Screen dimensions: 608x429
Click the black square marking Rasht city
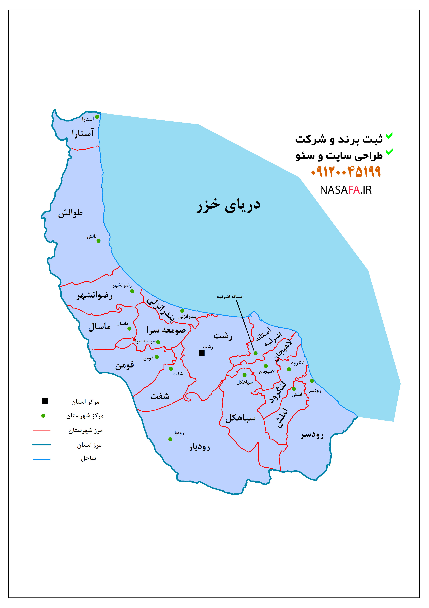[x=202, y=353]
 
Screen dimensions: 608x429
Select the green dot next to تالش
[x=98, y=241]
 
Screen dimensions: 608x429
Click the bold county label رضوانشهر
[x=94, y=295]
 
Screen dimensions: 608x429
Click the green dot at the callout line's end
[x=255, y=353]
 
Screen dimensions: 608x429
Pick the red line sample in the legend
[x=42, y=431]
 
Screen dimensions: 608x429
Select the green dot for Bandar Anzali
[x=182, y=311]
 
